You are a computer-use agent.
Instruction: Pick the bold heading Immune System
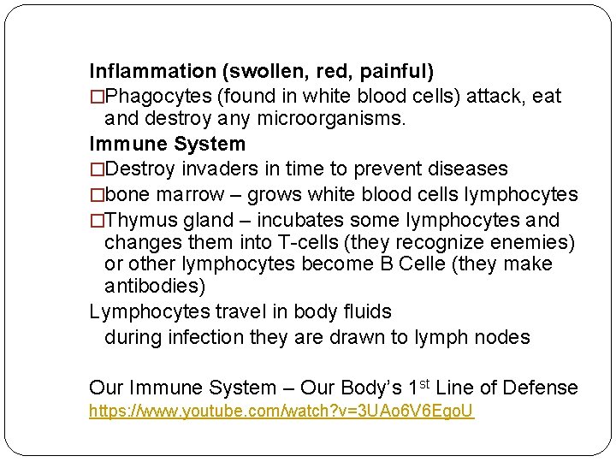tap(167, 144)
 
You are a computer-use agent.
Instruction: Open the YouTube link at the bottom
tap(282, 412)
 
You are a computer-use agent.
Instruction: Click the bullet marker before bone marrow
tap(97, 194)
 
